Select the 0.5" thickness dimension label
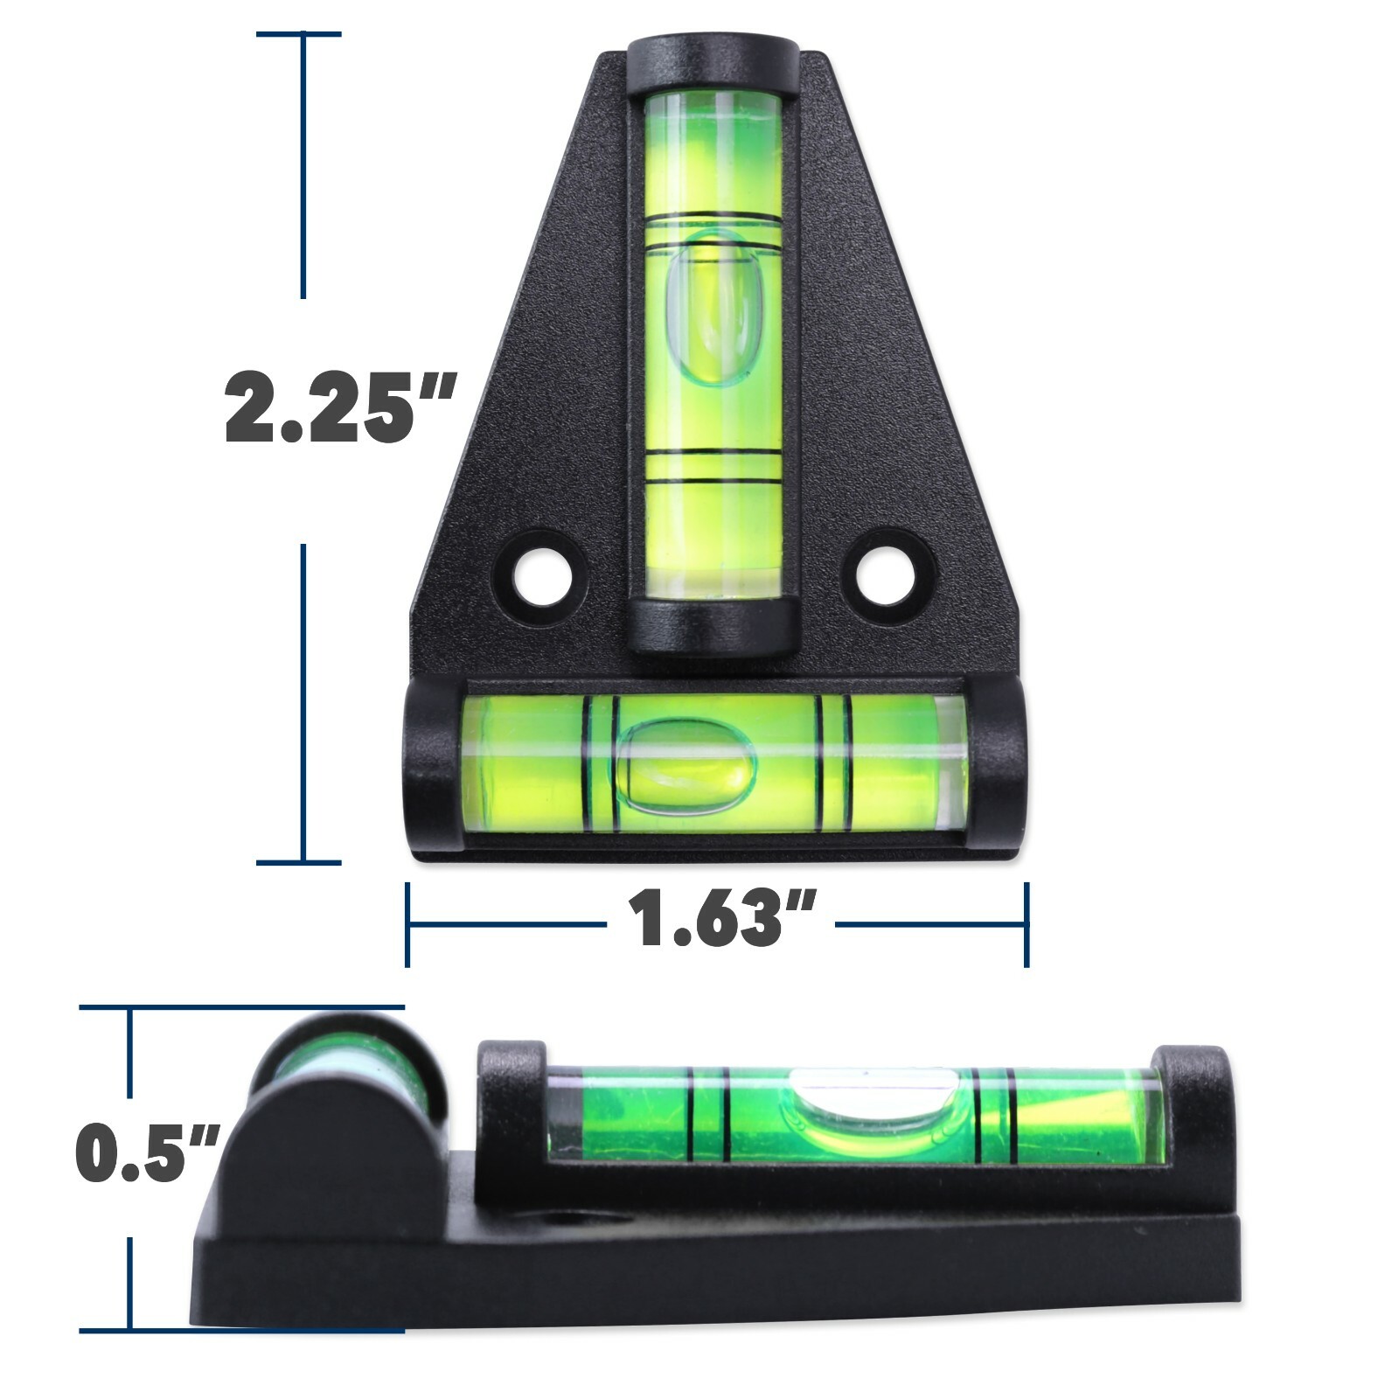point(145,1153)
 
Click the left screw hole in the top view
point(543,576)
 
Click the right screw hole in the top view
point(886,576)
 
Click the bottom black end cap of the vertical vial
point(713,626)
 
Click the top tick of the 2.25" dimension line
point(299,34)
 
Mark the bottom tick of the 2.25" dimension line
point(299,863)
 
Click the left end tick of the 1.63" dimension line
point(407,924)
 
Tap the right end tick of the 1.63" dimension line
point(1027,924)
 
